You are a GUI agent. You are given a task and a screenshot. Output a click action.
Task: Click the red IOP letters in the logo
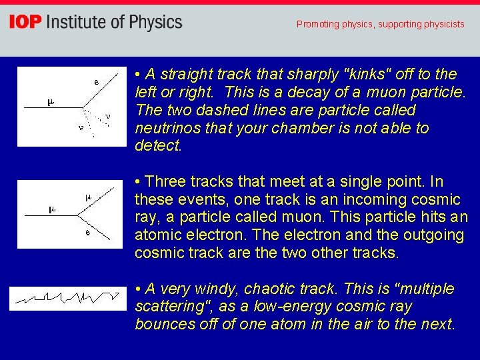click(x=25, y=23)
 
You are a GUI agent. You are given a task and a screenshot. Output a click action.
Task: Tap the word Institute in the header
click(x=73, y=23)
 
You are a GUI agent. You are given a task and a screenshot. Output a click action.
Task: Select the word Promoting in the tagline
click(x=317, y=24)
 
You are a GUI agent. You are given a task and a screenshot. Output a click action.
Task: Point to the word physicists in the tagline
click(x=441, y=24)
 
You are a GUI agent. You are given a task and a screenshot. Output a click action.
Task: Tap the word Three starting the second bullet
click(x=165, y=181)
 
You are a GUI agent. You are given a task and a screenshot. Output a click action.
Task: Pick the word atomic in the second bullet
click(x=157, y=235)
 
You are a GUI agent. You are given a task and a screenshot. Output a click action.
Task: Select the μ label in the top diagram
click(x=50, y=102)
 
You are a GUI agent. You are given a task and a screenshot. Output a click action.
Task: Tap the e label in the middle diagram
click(x=88, y=233)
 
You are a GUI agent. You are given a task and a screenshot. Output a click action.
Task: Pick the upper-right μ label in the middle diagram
click(x=87, y=197)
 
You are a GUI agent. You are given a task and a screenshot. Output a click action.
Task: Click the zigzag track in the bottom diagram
click(x=67, y=298)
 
